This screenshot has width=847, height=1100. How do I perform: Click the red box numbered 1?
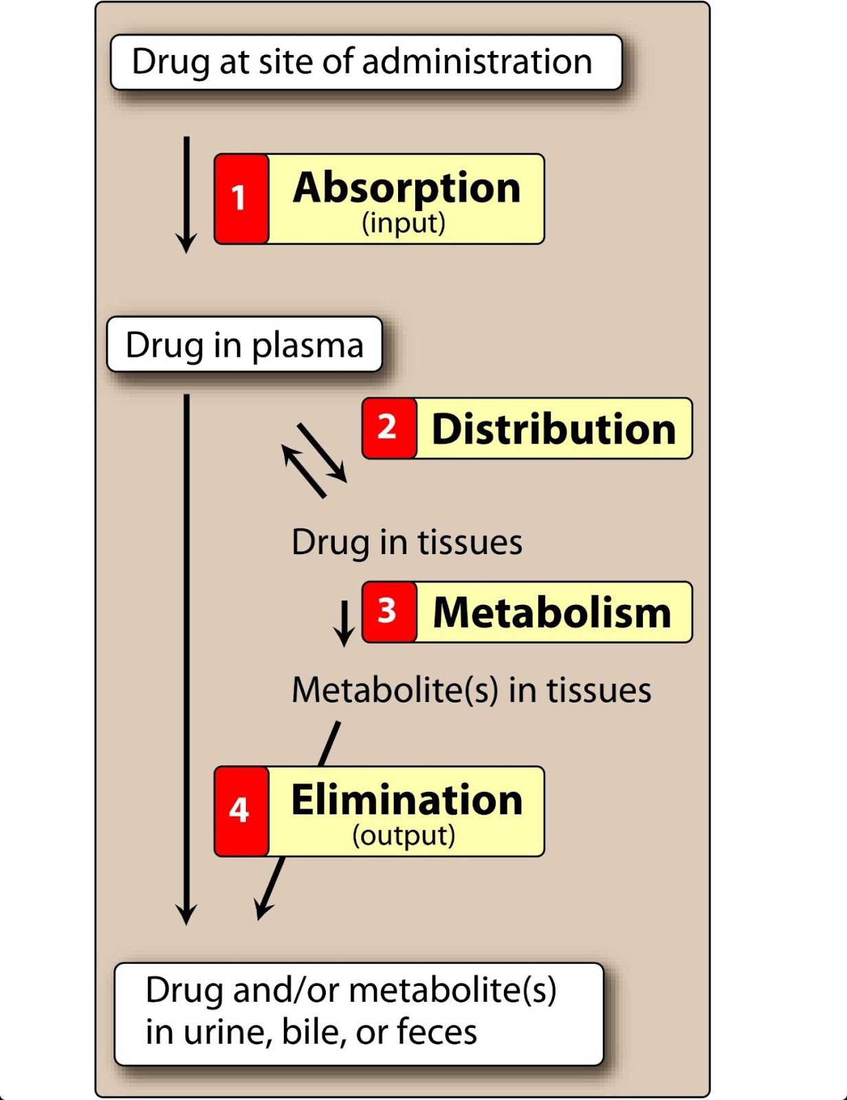point(241,199)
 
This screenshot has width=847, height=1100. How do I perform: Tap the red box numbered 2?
point(389,428)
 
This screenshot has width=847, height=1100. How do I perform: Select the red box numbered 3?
point(389,612)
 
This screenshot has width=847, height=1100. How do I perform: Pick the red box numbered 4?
point(241,811)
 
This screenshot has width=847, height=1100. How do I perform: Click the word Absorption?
point(406,188)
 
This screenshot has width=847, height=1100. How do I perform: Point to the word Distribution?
point(553,429)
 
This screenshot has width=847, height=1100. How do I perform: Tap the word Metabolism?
point(552,613)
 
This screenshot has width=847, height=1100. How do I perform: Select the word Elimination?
point(406,800)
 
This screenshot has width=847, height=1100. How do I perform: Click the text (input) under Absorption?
point(404,223)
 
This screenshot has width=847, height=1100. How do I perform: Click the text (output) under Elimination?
point(404,835)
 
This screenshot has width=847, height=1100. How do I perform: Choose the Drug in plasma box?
point(244,344)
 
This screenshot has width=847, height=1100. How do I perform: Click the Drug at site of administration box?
point(366,62)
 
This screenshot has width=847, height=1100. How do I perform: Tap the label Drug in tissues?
point(406,542)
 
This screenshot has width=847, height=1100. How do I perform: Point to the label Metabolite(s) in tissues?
point(471,690)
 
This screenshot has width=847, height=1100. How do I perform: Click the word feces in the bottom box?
point(437,1032)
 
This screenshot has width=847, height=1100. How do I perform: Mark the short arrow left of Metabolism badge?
point(344,624)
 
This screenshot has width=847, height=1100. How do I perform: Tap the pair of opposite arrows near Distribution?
point(314,459)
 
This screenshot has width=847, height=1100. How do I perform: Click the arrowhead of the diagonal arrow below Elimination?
point(262,910)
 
